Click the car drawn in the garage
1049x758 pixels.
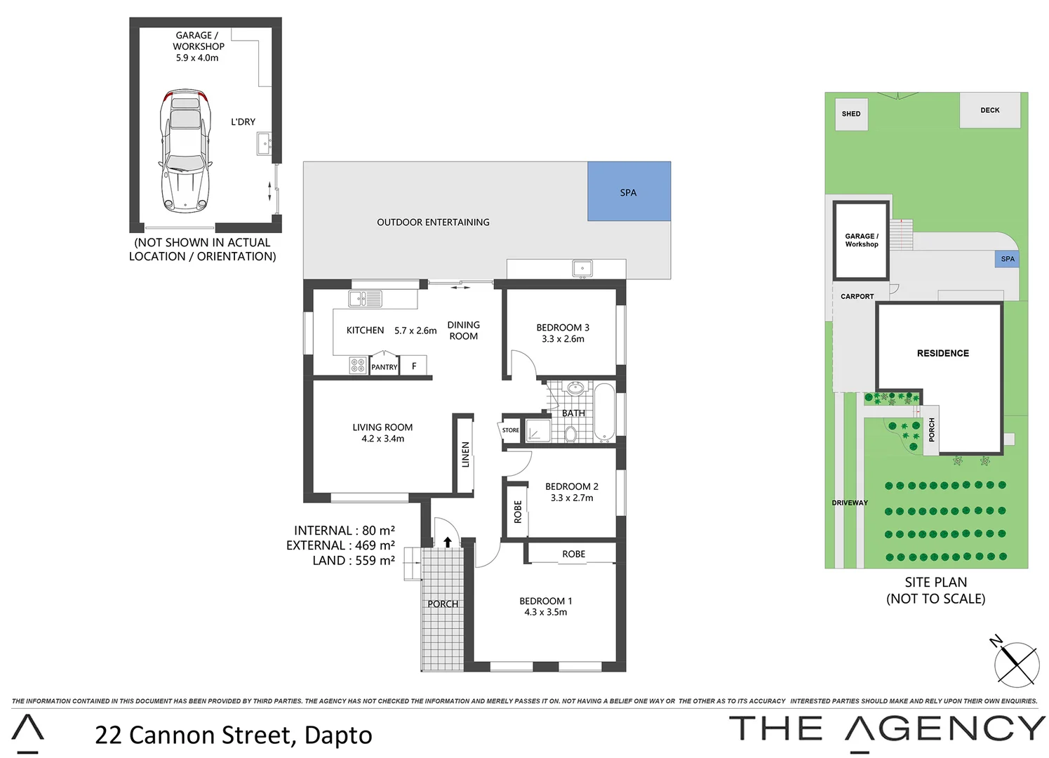[x=185, y=150]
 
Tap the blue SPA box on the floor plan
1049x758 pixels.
[x=629, y=192]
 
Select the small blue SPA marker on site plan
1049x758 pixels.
[x=1008, y=259]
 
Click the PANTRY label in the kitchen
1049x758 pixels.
[x=384, y=367]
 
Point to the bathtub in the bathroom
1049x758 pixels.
[x=604, y=412]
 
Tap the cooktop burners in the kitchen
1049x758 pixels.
[x=358, y=365]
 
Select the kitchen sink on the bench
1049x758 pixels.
[x=366, y=299]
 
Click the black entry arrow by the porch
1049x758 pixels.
[x=448, y=542]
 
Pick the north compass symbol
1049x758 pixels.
[x=1015, y=663]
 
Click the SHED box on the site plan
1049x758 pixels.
[x=851, y=114]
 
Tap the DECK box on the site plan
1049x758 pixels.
[x=990, y=110]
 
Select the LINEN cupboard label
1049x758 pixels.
[x=465, y=454]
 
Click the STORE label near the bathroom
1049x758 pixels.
[x=511, y=430]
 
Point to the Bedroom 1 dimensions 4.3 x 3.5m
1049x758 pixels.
[x=546, y=612]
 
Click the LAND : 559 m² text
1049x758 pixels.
[x=354, y=560]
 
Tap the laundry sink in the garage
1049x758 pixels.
[x=264, y=145]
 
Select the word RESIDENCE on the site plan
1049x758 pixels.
[x=942, y=353]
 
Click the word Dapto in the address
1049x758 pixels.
[x=338, y=735]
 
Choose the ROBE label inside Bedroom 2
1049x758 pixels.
[x=518, y=512]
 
